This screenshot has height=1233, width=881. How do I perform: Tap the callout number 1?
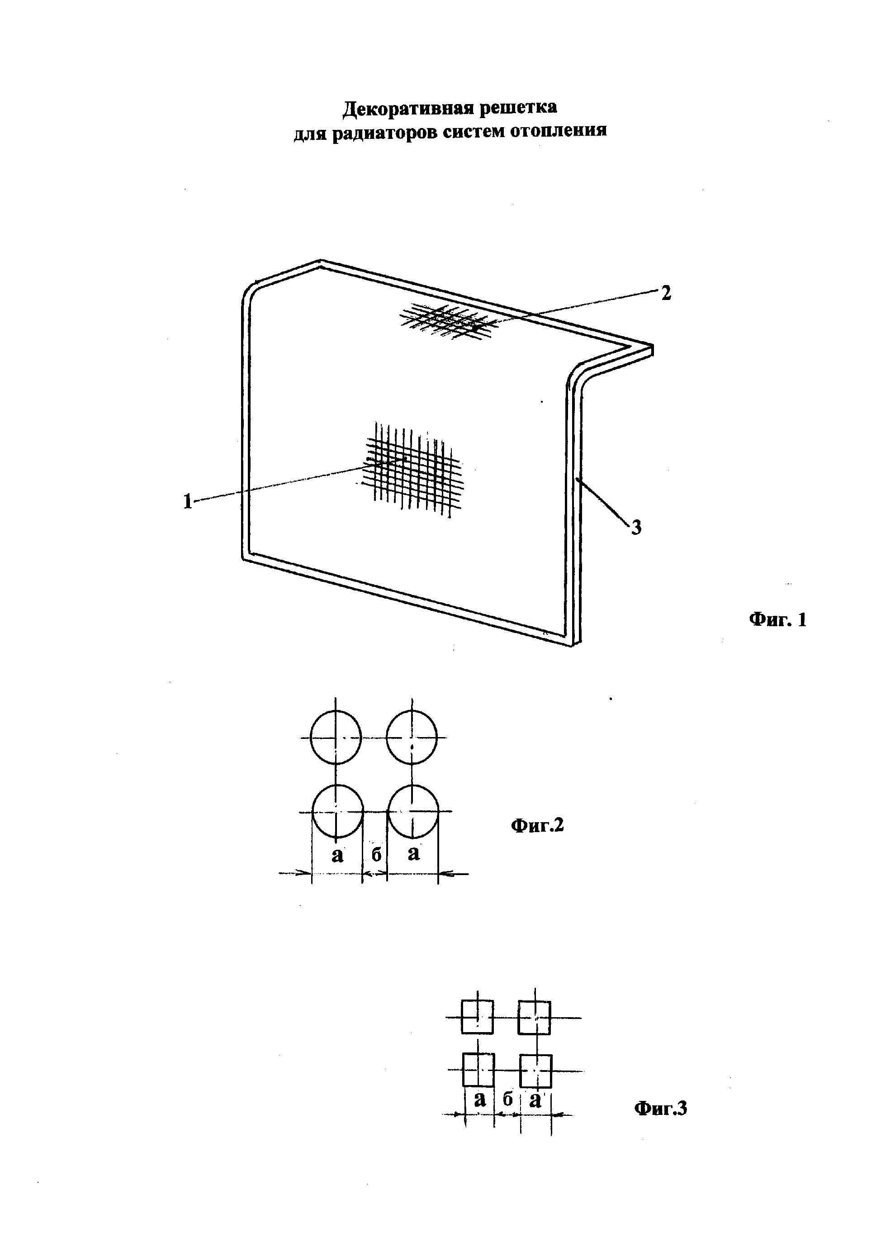click(188, 501)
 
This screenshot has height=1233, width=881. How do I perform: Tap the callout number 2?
click(666, 294)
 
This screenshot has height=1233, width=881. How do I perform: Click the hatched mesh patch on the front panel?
click(413, 469)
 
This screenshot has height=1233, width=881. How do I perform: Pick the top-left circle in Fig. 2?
click(336, 737)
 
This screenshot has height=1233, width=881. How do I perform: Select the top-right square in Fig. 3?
click(535, 1018)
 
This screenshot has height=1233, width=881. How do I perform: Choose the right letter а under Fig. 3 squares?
click(535, 1100)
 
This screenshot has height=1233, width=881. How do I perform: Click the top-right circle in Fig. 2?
click(412, 737)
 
